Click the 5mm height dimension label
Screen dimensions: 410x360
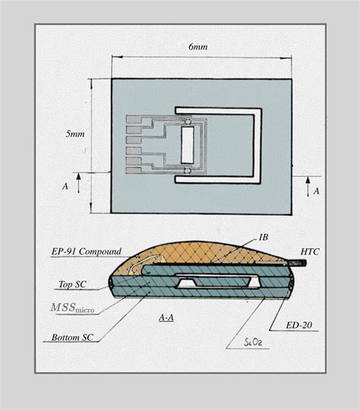click(x=75, y=134)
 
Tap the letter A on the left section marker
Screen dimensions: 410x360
click(x=65, y=184)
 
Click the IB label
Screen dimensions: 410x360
click(x=263, y=238)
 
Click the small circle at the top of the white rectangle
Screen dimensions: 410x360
click(x=188, y=119)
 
